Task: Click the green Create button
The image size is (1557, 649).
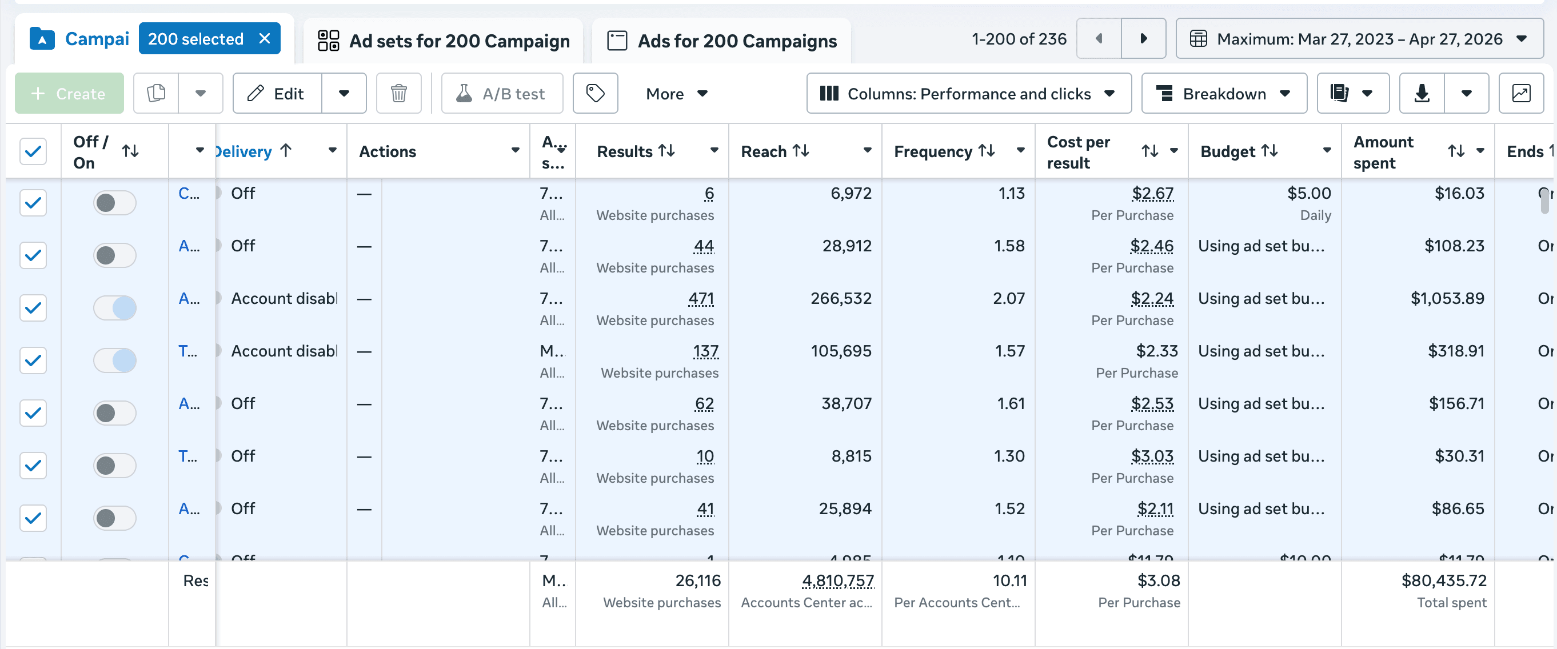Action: coord(69,94)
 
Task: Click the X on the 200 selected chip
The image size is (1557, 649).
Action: coord(264,39)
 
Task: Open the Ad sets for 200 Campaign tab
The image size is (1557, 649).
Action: coord(443,41)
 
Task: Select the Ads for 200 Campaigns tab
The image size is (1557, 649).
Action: coord(722,41)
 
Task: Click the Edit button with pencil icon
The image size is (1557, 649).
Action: coord(277,94)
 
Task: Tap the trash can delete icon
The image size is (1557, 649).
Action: coord(398,94)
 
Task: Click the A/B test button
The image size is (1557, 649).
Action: coord(502,94)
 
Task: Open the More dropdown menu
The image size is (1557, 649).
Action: coord(676,94)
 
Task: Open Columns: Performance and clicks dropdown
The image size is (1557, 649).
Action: coord(968,94)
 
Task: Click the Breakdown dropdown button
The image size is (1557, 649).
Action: coord(1223,94)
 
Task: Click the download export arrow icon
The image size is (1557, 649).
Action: coord(1422,94)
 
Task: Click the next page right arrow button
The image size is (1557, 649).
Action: coord(1143,39)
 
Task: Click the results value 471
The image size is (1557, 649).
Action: coord(701,299)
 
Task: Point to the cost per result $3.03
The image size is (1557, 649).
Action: coord(1152,456)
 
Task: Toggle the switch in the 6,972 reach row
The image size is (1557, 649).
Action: coord(114,203)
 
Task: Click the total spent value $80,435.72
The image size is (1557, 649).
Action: coord(1443,580)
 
